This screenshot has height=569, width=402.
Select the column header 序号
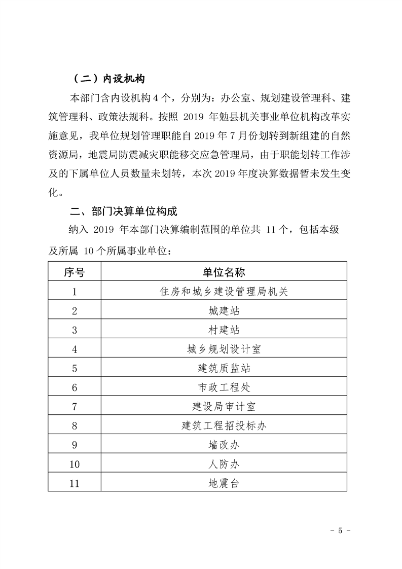[75, 272]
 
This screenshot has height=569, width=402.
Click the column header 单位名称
[224, 272]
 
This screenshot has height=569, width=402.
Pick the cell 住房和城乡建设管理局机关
[224, 291]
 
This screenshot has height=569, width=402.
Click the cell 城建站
[224, 310]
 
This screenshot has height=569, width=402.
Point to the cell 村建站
[224, 330]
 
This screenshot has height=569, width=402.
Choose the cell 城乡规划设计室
[224, 349]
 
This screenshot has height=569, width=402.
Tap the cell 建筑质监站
[224, 368]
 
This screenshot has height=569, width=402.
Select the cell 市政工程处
[224, 387]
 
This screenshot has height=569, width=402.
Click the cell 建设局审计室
[224, 407]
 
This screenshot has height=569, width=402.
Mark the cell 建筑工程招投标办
[224, 425]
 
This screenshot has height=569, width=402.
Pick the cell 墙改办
[224, 445]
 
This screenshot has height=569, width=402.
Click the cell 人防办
[224, 464]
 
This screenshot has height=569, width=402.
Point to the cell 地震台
[224, 483]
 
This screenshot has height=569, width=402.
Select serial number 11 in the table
[75, 483]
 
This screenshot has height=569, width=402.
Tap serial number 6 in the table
[75, 387]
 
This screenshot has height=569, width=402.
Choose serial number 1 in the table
[75, 291]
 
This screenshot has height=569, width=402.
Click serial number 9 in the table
[75, 445]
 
